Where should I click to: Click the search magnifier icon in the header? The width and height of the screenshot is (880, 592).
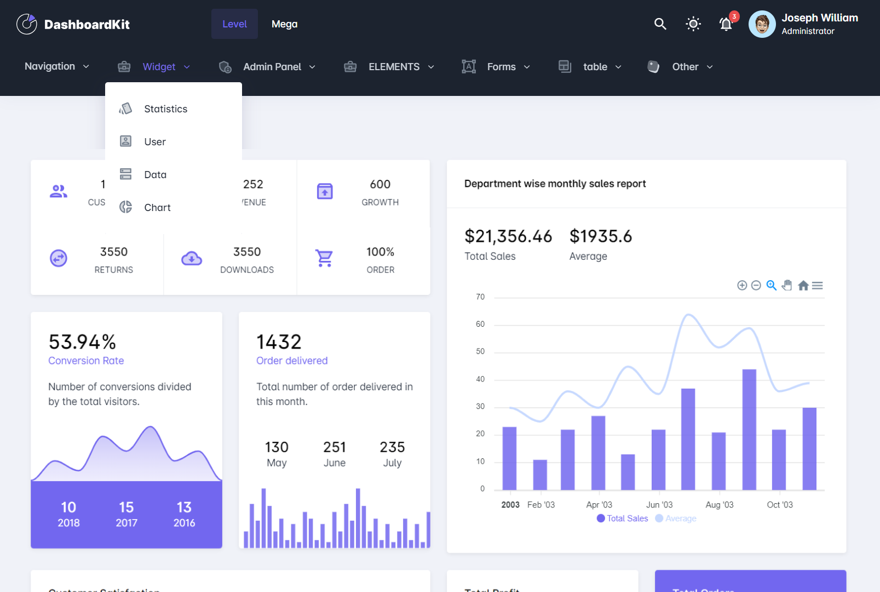point(660,24)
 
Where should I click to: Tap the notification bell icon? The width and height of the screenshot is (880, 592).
point(726,24)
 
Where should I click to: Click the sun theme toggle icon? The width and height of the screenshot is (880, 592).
point(693,24)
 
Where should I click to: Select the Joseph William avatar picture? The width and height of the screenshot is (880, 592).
point(762,24)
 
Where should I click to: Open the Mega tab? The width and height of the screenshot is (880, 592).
point(284,24)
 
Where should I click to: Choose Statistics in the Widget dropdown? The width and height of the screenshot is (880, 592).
point(165,109)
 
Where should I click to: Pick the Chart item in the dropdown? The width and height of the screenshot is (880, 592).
point(157,208)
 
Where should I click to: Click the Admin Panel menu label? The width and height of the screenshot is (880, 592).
point(272,67)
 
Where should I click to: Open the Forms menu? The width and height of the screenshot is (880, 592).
point(501,67)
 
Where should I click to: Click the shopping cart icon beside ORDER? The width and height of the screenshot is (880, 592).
point(324,258)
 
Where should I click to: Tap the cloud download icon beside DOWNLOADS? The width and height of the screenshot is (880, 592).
point(192,258)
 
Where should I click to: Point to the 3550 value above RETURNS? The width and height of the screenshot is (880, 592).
point(114,252)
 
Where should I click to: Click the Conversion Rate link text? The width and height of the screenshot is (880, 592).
point(86,361)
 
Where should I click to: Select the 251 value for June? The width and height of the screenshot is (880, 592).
point(334,447)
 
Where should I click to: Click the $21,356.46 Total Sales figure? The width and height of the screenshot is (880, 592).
point(508,236)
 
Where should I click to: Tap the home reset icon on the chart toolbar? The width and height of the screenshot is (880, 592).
point(803,286)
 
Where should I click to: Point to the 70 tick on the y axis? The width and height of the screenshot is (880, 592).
point(480,297)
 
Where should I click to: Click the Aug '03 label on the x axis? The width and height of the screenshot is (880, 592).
point(719,505)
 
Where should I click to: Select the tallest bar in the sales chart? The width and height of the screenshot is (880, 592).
point(749,430)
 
